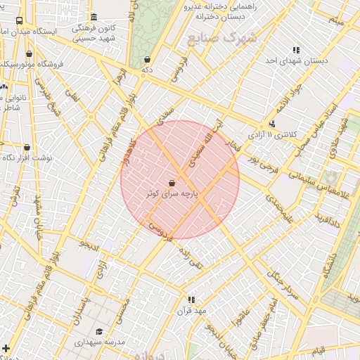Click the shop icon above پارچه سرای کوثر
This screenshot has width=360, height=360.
[x=172, y=182]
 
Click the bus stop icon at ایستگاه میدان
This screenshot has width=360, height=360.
[x=19, y=21]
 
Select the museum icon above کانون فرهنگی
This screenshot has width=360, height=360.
[x=94, y=17]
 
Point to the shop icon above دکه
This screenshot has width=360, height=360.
[x=146, y=60]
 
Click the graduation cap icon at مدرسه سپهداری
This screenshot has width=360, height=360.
[x=99, y=331]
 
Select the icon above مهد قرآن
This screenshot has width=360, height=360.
[x=191, y=300]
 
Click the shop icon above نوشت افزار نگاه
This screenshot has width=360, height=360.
[x=27, y=148]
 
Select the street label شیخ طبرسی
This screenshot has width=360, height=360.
[x=44, y=98]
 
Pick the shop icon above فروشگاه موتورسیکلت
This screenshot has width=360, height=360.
[x=29, y=53]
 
